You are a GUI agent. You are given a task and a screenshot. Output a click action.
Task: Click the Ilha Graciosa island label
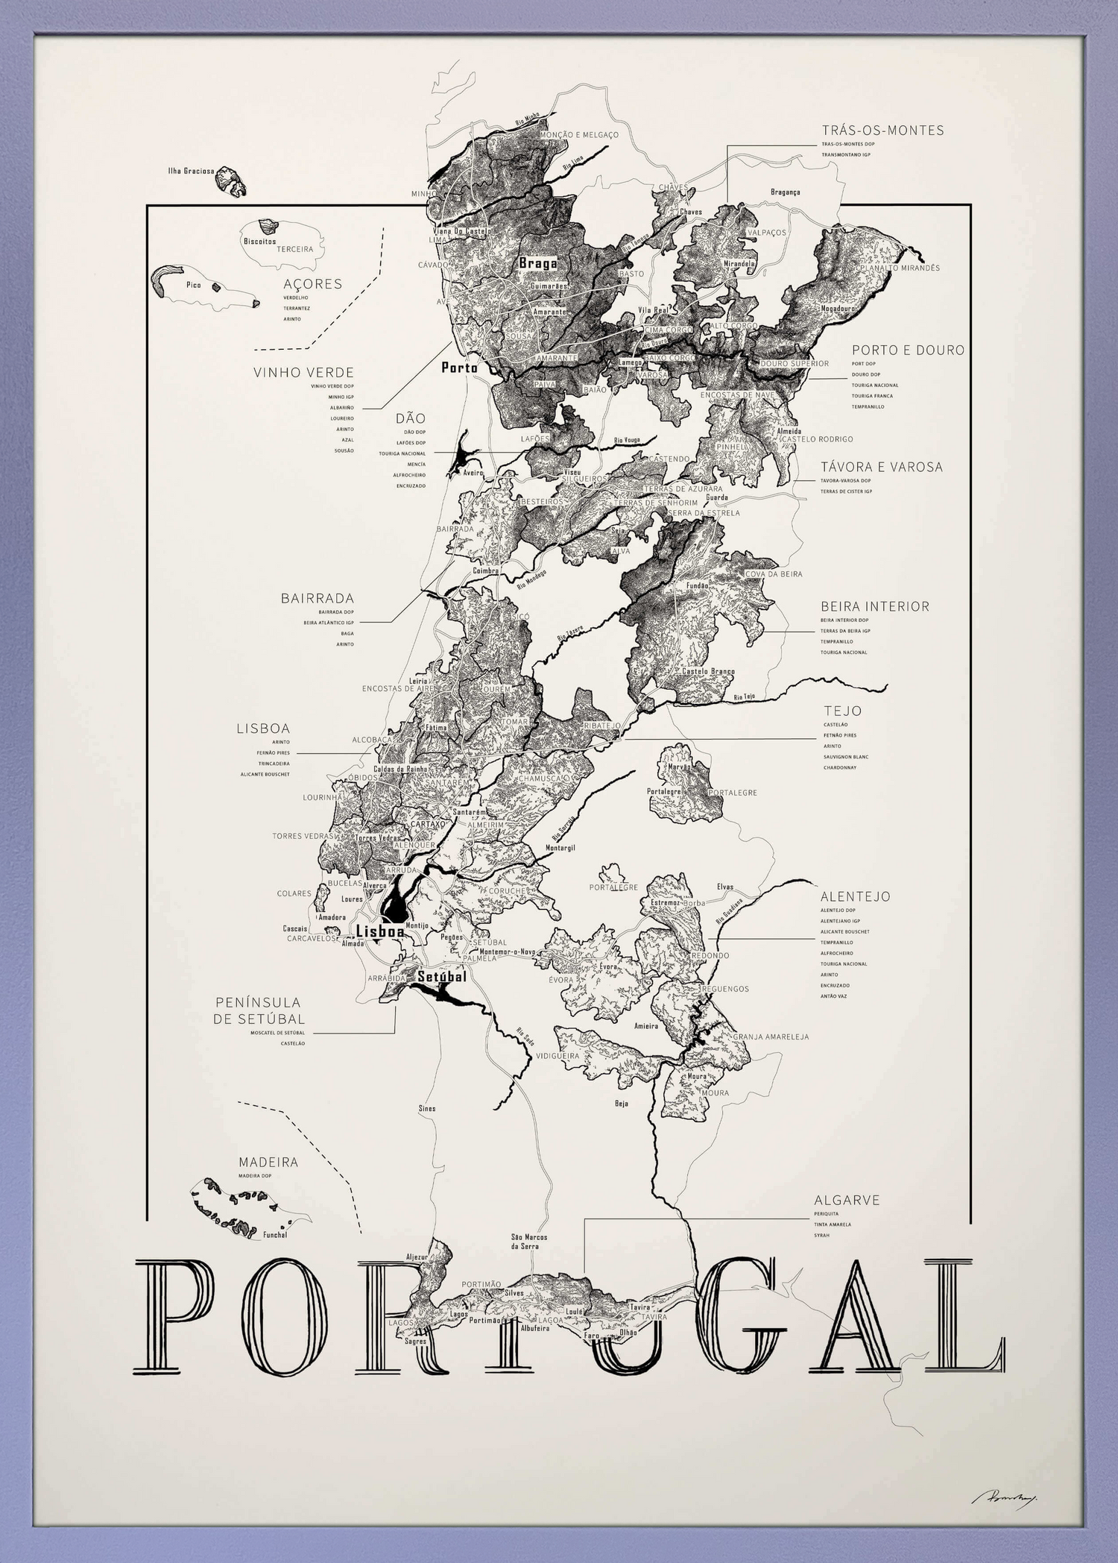[191, 171]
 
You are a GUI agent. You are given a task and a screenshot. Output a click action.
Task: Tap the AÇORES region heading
[312, 284]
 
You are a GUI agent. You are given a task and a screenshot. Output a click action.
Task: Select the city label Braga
[537, 263]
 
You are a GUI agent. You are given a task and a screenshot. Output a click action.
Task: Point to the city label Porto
[459, 367]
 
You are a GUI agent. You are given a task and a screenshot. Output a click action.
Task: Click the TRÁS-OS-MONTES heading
[882, 130]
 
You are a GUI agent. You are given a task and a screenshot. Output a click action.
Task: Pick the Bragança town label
[785, 192]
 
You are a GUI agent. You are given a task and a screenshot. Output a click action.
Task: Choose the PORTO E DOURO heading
[908, 350]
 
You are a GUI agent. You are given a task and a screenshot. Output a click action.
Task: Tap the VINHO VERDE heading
[303, 372]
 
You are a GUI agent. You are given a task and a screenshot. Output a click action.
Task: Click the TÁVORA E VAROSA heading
[881, 467]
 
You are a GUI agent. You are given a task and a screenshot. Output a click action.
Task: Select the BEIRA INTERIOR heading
[875, 606]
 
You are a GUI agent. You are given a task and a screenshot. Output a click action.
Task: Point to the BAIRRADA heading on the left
[317, 598]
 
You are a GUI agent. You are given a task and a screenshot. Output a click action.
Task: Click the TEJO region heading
[842, 711]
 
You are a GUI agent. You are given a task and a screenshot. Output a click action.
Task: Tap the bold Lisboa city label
[380, 931]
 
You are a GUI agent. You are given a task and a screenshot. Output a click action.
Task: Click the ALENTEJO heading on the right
[855, 896]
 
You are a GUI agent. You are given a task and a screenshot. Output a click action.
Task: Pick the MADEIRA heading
[268, 1163]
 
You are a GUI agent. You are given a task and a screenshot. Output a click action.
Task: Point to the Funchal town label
[275, 1235]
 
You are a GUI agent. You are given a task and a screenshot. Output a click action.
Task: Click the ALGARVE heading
[847, 1201]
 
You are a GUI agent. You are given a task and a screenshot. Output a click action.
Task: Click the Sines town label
[426, 1109]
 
